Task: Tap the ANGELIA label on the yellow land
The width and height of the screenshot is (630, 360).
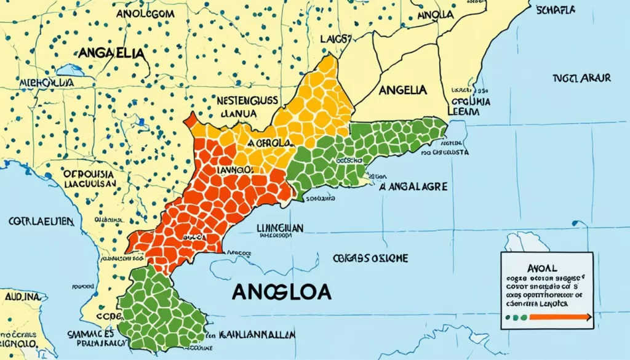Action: click(403, 90)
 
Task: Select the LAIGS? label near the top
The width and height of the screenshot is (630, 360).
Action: click(336, 39)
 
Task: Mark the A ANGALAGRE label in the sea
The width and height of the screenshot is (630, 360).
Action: click(413, 186)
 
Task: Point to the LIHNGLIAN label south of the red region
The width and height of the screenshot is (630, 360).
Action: click(279, 228)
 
